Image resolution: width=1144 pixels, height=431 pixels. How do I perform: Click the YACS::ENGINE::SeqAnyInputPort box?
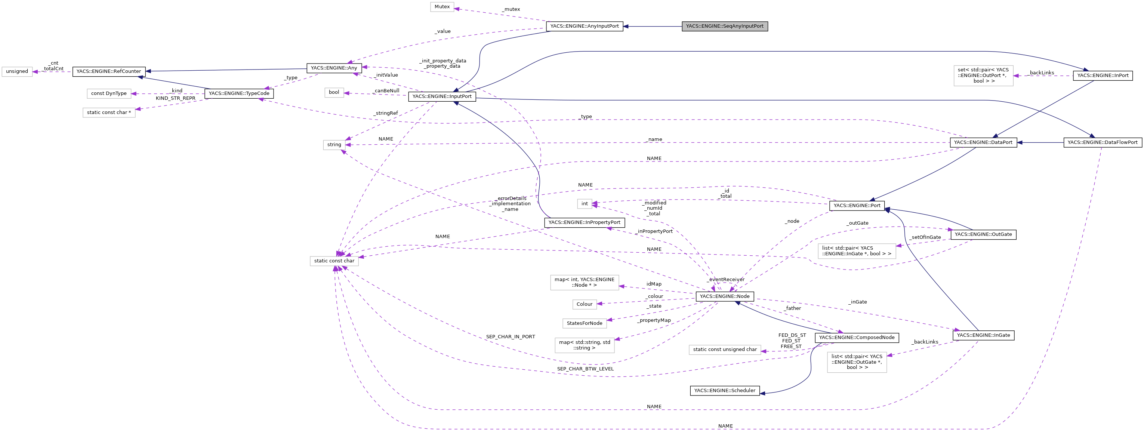724,26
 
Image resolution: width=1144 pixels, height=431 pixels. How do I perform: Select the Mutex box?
442,7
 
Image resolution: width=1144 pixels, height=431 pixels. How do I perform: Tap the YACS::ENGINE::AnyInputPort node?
584,26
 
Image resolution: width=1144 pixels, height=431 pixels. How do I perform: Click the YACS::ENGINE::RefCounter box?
109,71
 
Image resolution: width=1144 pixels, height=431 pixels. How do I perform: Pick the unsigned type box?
17,71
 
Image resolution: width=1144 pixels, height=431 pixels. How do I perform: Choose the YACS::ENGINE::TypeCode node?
239,94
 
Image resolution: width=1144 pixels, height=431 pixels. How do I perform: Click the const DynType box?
109,94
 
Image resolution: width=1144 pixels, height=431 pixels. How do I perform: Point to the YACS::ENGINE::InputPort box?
442,96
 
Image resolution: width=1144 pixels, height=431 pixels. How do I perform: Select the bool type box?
334,92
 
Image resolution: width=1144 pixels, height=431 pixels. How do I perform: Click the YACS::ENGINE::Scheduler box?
724,391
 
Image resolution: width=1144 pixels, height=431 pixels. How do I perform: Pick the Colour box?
584,304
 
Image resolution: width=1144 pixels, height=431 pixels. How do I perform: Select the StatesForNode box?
584,323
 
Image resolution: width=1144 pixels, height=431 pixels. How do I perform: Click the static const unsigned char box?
724,350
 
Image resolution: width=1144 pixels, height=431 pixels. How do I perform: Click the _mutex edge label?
511,9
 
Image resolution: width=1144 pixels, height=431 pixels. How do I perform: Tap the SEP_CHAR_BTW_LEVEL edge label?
585,369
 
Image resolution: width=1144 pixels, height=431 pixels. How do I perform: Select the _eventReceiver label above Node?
725,280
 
